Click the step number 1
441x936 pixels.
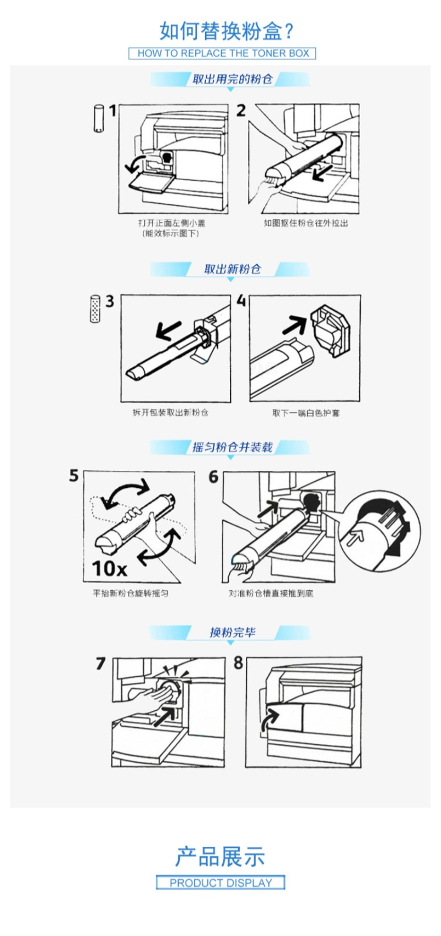[x=112, y=111]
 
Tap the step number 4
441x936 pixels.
[x=241, y=301]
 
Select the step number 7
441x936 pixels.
[x=100, y=663]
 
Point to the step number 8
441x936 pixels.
[x=238, y=663]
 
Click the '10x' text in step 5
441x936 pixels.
[x=109, y=568]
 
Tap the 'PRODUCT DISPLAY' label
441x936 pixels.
[x=220, y=883]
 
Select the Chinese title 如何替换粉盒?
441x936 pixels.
[x=227, y=30]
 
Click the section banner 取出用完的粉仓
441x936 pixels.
[x=232, y=79]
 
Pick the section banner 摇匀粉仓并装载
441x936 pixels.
[x=232, y=447]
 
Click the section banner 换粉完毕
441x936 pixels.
[x=232, y=632]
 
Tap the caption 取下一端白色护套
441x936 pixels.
[x=306, y=413]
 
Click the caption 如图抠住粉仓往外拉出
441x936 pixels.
[x=305, y=223]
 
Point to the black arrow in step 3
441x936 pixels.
[x=168, y=330]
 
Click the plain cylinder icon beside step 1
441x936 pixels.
[x=98, y=119]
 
